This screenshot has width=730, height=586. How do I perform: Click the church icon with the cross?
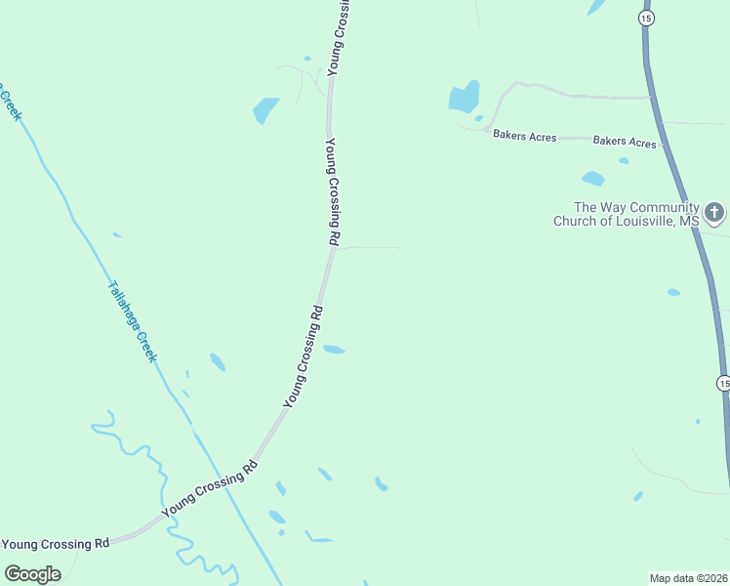click(714, 212)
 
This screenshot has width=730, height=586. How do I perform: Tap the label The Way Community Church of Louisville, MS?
click(627, 214)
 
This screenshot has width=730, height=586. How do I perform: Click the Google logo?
click(32, 573)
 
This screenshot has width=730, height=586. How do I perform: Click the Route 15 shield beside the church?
click(646, 18)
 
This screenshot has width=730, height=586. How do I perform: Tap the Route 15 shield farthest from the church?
click(722, 383)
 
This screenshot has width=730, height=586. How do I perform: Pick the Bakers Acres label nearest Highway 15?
click(625, 142)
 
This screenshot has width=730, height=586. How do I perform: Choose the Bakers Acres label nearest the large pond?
click(524, 137)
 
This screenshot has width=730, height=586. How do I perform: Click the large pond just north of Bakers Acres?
click(464, 97)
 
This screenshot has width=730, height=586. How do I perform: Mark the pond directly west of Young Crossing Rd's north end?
click(264, 109)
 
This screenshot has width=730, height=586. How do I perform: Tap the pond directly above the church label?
click(592, 179)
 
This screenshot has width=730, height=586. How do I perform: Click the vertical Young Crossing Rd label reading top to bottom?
click(333, 190)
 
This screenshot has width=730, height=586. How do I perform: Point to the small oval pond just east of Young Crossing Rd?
click(334, 349)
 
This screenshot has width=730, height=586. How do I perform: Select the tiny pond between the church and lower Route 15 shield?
click(673, 292)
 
